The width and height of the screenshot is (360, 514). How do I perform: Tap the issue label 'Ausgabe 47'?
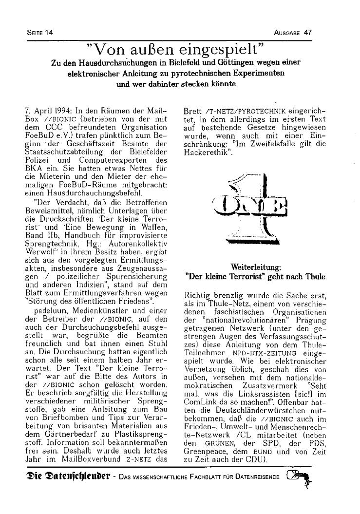pyautogui.click(x=293, y=32)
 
